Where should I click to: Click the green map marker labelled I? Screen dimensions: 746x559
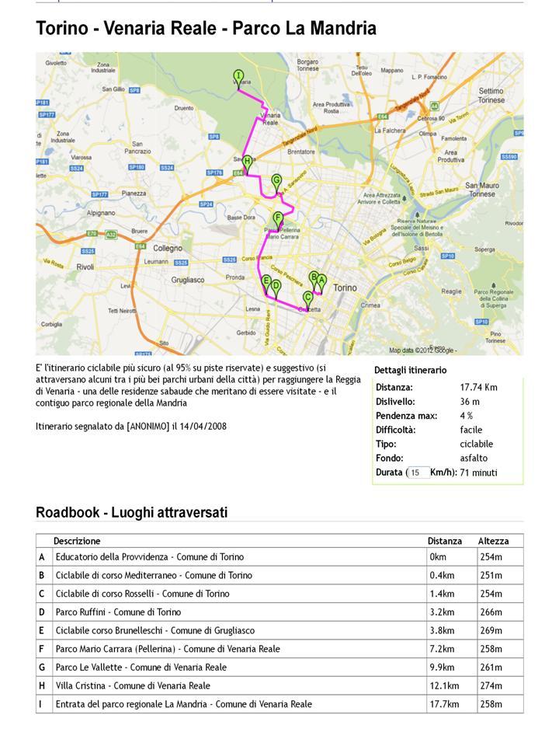[238, 76]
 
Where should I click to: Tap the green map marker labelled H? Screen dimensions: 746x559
[247, 162]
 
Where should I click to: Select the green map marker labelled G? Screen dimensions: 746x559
[276, 182]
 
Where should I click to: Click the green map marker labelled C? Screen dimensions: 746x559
[308, 298]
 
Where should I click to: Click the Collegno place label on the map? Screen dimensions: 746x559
[167, 249]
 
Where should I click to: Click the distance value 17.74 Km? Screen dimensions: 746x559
[478, 387]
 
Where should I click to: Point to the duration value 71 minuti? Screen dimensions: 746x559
[478, 472]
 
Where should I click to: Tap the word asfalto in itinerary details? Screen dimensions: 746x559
[474, 458]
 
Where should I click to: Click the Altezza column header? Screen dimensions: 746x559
[493, 541]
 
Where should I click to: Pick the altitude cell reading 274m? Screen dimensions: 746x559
[491, 686]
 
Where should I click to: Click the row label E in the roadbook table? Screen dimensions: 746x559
[42, 630]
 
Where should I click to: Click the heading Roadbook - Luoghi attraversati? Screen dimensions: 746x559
[131, 513]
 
